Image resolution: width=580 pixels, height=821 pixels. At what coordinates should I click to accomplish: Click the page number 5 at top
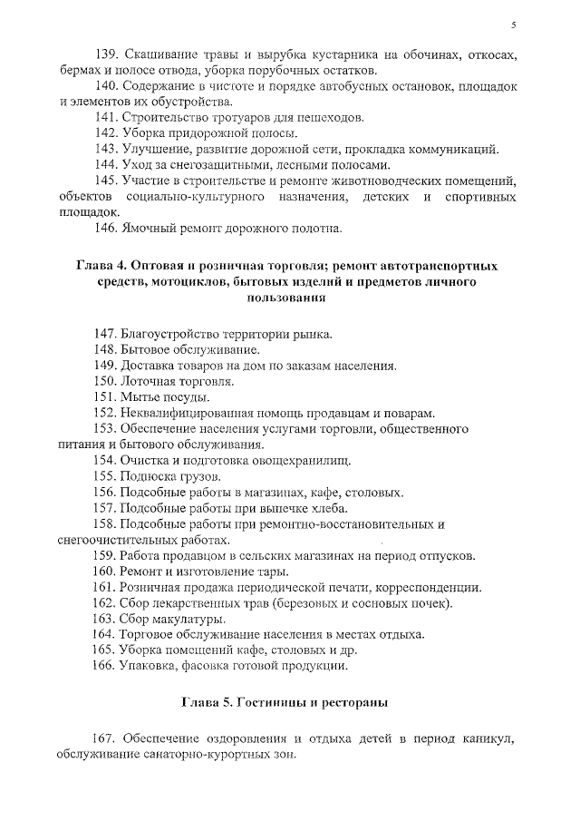click(x=514, y=24)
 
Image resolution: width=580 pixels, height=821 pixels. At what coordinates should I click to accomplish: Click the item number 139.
click(x=108, y=54)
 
